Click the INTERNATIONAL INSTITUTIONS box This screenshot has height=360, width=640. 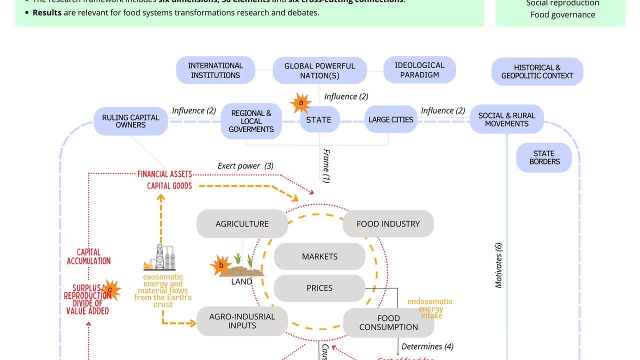215,70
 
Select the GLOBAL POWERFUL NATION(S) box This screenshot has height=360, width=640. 319,70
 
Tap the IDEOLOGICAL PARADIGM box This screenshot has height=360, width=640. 419,70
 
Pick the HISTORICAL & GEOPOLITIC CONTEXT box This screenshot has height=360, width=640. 537,71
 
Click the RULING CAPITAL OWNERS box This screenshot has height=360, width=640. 130,121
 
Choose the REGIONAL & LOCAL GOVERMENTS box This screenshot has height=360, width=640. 251,121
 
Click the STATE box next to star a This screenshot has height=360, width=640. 319,119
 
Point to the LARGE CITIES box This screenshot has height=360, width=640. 390,119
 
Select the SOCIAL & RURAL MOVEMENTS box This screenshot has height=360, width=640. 506,119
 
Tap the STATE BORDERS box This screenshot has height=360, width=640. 543,157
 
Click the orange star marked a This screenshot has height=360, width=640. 300,103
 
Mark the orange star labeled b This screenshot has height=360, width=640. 221,265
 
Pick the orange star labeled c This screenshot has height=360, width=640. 110,290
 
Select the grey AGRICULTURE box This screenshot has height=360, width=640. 242,224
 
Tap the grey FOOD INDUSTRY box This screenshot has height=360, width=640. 388,224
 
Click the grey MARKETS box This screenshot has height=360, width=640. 319,256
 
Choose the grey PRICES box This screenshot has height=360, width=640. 319,288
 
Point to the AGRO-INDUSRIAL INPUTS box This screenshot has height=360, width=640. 242,321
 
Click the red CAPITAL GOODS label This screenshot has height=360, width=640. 169,186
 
